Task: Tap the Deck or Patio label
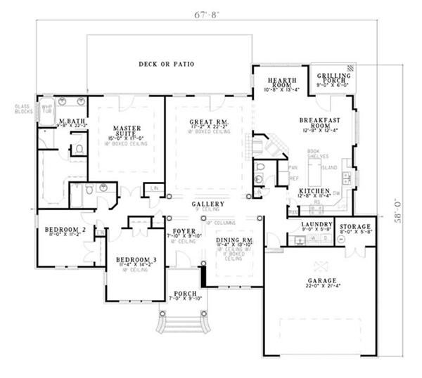(166, 65)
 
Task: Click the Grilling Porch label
(334, 79)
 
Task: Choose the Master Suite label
(127, 131)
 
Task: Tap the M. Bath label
(57, 122)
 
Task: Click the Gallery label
(207, 204)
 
